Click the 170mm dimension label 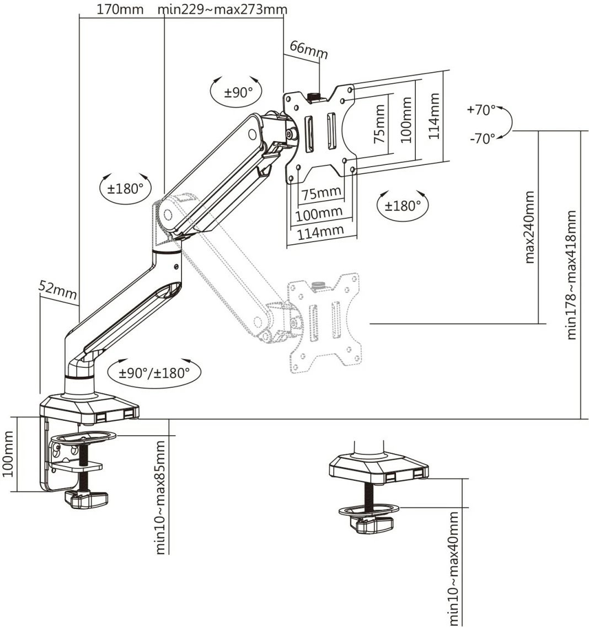tap(120, 9)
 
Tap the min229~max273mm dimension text tap(222, 9)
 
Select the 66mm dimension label tap(309, 50)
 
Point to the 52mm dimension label tap(57, 289)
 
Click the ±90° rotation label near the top tap(238, 92)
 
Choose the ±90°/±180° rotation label tap(154, 373)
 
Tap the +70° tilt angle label tap(481, 110)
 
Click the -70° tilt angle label tap(482, 138)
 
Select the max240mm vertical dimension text tap(530, 227)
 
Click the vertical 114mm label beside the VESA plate tap(434, 116)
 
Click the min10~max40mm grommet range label tap(454, 568)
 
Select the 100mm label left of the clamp tap(9, 453)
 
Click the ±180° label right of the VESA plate tap(402, 206)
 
